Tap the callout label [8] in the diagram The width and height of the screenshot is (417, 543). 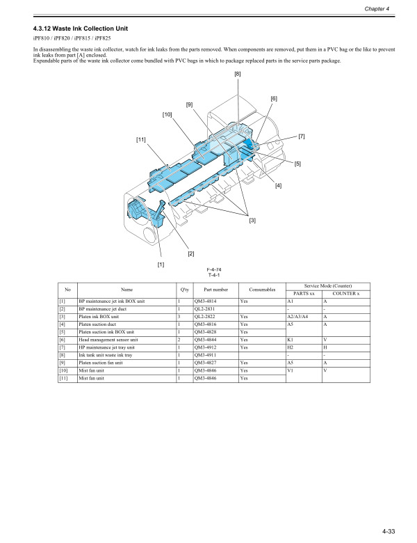tap(238, 74)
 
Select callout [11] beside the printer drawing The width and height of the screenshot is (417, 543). tap(141, 140)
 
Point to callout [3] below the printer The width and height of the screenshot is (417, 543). tap(252, 221)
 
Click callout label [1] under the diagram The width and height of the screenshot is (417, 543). tap(161, 265)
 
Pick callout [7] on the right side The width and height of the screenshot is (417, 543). tap(302, 136)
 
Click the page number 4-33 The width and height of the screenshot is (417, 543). tap(387, 532)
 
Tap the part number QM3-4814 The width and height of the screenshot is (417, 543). tap(208, 301)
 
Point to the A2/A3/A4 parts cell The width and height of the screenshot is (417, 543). tap(300, 316)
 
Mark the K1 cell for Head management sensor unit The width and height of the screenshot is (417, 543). tap(290, 339)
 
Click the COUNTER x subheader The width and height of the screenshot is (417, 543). tap(345, 293)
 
